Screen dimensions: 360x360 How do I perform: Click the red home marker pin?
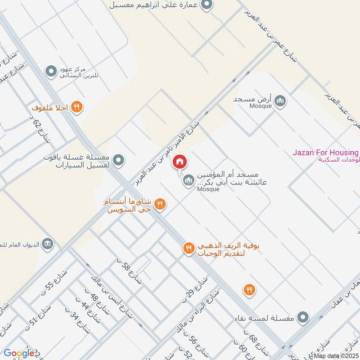[x=180, y=162]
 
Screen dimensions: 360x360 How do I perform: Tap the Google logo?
[x=19, y=353]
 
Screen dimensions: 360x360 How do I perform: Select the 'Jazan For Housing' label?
[x=325, y=153]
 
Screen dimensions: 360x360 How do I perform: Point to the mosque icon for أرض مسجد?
[x=281, y=100]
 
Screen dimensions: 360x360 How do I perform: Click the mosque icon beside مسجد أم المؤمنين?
[x=188, y=181]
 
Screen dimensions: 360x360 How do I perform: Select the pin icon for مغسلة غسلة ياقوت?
[x=118, y=159]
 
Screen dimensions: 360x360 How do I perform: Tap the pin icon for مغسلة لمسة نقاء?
[x=304, y=318]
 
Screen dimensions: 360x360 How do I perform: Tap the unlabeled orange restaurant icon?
[x=249, y=290]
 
